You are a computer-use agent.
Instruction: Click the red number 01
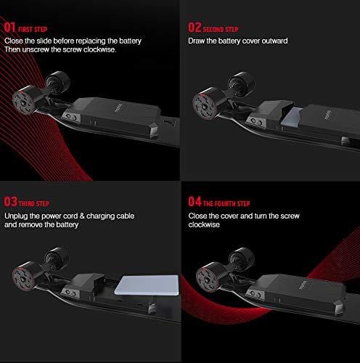tap(9, 28)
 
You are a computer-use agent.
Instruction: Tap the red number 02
tap(195, 28)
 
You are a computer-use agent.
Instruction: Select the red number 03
tap(11, 202)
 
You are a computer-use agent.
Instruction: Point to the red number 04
tap(195, 202)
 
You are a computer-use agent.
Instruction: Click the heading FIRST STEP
tap(33, 30)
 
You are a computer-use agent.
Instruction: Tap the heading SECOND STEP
tap(221, 30)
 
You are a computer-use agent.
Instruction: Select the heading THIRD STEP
tap(34, 203)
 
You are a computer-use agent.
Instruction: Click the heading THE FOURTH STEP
tap(226, 203)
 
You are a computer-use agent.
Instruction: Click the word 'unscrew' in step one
tap(36, 49)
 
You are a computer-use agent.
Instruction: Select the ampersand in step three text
tap(82, 216)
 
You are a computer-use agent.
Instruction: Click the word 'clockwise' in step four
tap(204, 224)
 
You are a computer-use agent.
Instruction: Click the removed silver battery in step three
tap(147, 285)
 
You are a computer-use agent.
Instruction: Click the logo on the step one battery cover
tap(118, 107)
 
